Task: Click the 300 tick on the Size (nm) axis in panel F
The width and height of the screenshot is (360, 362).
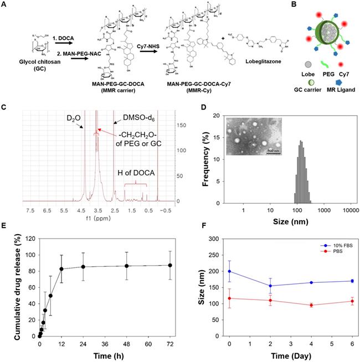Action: point(216,239)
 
